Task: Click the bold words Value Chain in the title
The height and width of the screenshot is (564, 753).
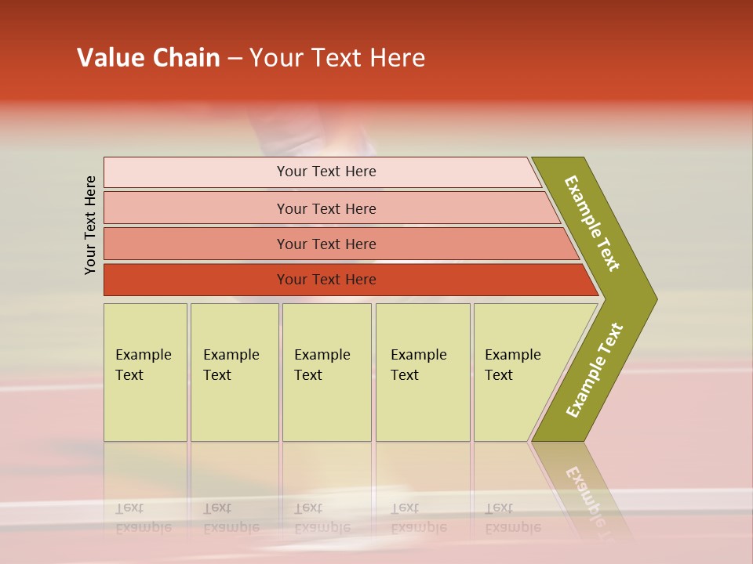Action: click(148, 58)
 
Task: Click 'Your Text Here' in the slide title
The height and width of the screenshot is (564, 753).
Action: click(337, 58)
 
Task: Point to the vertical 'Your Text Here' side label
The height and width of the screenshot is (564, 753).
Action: click(91, 225)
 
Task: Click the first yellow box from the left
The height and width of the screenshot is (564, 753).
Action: click(145, 372)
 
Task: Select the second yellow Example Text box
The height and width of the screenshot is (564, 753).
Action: click(234, 372)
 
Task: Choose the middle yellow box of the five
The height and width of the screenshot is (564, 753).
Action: click(326, 372)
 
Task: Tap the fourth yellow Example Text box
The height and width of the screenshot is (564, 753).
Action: click(422, 372)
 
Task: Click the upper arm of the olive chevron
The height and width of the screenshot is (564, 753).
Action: click(592, 223)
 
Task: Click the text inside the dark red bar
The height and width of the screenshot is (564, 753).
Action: click(326, 280)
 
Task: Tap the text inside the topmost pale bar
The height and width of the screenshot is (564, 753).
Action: click(326, 172)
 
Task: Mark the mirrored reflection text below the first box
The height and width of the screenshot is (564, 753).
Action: click(143, 518)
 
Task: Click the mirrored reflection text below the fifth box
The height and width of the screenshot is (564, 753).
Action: click(512, 518)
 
